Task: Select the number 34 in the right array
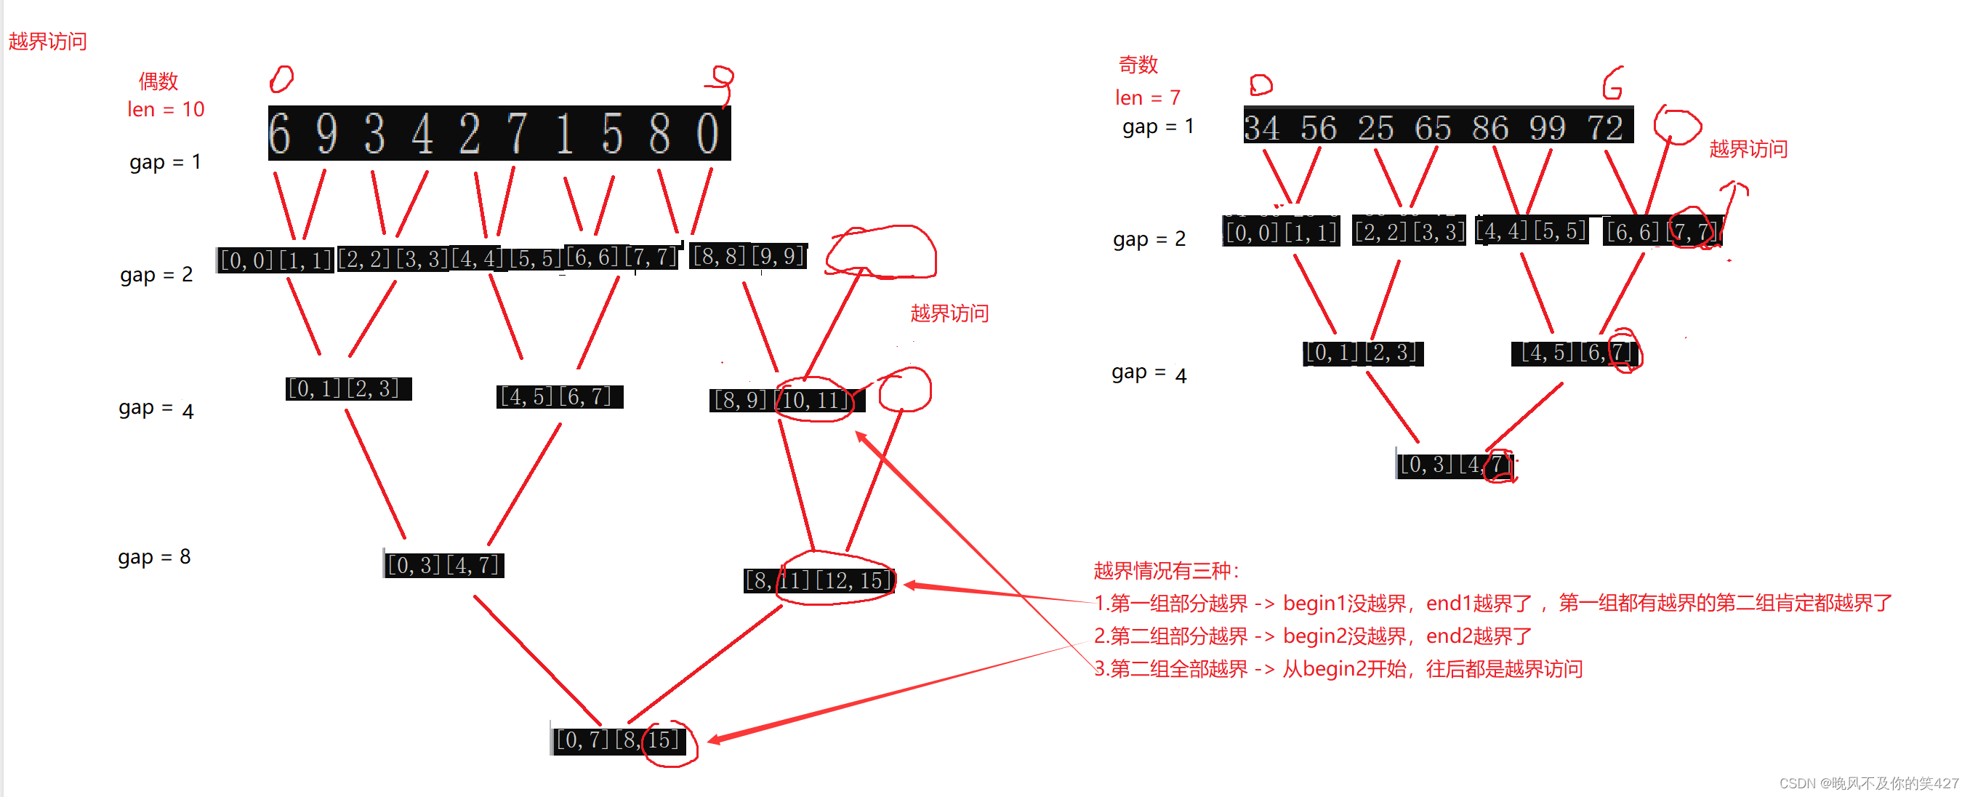point(1262,128)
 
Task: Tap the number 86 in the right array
point(1489,128)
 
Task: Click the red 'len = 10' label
point(166,109)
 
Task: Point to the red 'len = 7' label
point(1147,98)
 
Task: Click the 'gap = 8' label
point(155,557)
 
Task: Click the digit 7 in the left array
point(517,134)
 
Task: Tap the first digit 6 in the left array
point(280,134)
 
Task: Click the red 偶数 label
point(158,81)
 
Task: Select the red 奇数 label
point(1138,65)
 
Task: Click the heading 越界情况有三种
point(1166,571)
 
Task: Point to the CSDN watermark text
point(1868,783)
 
